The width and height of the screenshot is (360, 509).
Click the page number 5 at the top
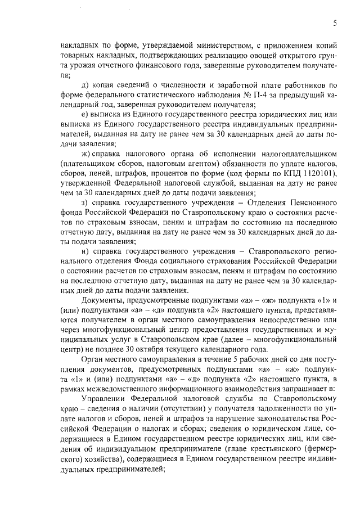coord(335,23)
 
